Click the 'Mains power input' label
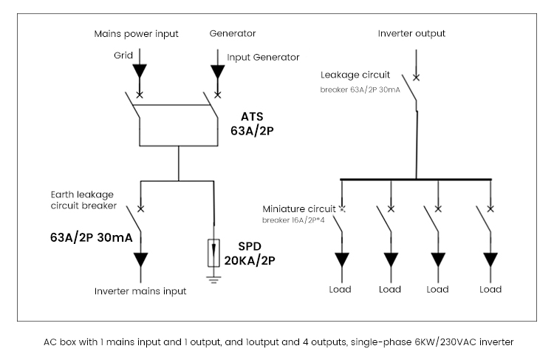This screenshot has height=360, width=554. [x=137, y=34]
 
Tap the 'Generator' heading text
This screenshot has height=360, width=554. [x=233, y=34]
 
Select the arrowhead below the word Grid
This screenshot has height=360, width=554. [x=140, y=72]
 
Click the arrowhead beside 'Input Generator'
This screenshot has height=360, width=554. [x=217, y=72]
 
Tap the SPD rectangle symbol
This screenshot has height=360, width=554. [x=214, y=254]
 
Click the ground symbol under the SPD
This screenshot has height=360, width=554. [x=214, y=278]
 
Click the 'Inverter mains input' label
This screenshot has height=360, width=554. [x=140, y=291]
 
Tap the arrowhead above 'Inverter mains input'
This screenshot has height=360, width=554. [x=140, y=261]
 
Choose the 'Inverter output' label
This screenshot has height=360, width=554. [x=411, y=33]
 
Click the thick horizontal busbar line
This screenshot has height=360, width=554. [x=416, y=179]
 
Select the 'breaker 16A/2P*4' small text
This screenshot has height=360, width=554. [x=293, y=220]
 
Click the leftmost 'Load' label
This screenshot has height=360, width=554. [x=340, y=289]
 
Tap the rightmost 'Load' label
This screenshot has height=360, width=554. [x=490, y=289]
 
